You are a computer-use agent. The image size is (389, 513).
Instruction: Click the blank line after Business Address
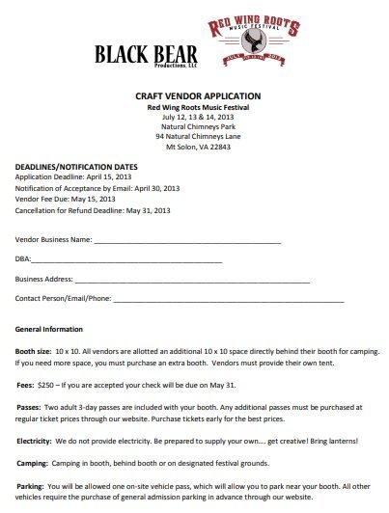pos(193,280)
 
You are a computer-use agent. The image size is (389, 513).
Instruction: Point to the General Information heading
pos(55,331)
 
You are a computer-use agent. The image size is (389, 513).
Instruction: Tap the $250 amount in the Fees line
pos(48,384)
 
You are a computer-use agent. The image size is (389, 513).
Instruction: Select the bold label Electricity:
pos(38,442)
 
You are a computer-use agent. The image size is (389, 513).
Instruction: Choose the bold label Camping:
pos(34,464)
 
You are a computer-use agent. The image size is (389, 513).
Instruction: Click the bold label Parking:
pos(33,487)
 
